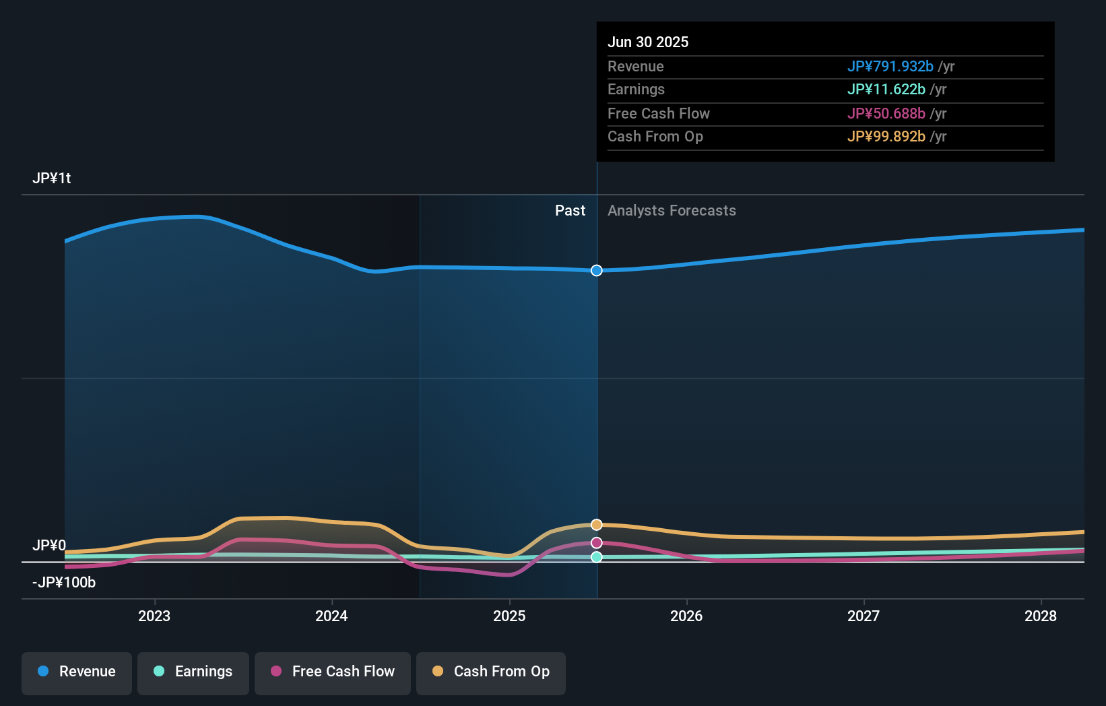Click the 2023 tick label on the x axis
154,616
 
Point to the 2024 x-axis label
332,616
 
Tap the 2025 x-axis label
509,616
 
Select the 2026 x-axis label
687,616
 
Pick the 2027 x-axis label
864,616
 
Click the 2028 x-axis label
1041,616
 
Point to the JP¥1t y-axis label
52,179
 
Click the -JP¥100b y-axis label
64,583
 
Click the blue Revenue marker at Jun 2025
597,271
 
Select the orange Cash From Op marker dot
597,524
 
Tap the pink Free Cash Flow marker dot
597,543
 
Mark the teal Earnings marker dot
597,557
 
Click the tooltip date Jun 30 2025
648,42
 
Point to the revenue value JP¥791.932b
890,66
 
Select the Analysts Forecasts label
672,211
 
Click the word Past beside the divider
571,211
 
